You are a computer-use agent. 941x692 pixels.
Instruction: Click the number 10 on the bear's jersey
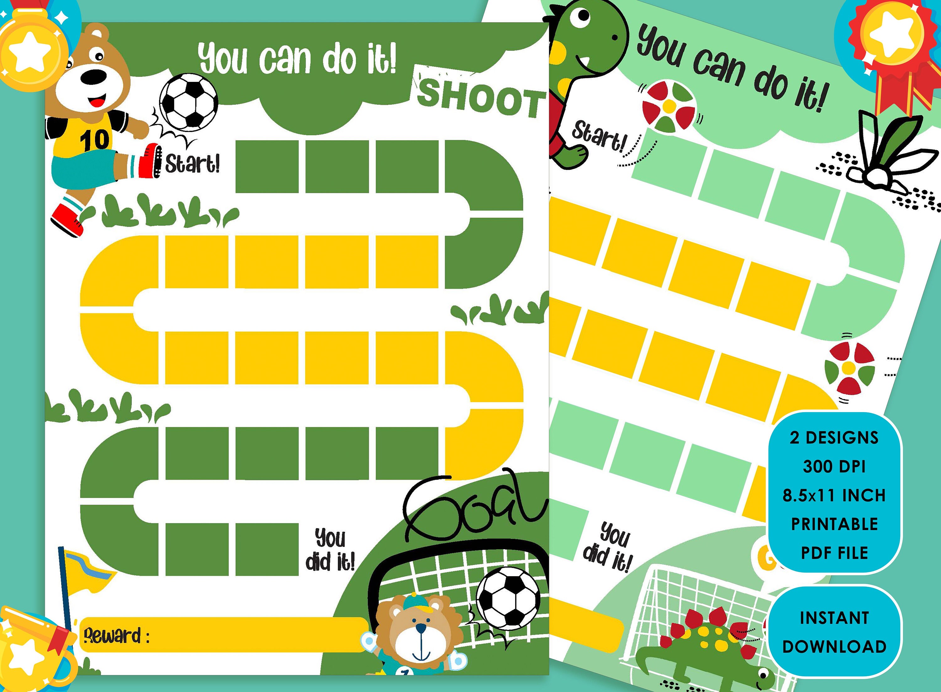[95, 140]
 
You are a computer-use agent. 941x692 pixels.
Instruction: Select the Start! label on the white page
[192, 163]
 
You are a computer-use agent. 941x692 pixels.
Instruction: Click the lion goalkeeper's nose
[421, 629]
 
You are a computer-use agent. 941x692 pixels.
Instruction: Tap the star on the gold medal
[29, 55]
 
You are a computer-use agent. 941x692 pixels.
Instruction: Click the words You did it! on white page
[330, 550]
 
